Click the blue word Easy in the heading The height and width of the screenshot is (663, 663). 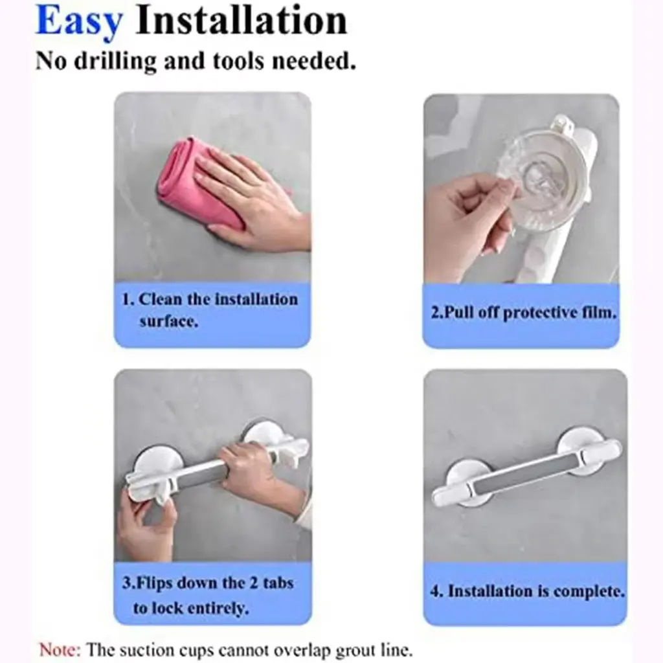coord(79,21)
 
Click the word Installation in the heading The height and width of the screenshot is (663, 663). coord(241,20)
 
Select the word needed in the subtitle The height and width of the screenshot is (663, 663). coord(313,60)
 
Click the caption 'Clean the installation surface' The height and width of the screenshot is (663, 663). coord(210,310)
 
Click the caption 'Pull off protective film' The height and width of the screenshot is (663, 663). coord(523,313)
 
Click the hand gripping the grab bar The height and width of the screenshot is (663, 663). coord(262,473)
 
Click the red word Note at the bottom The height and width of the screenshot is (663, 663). coord(59,649)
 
